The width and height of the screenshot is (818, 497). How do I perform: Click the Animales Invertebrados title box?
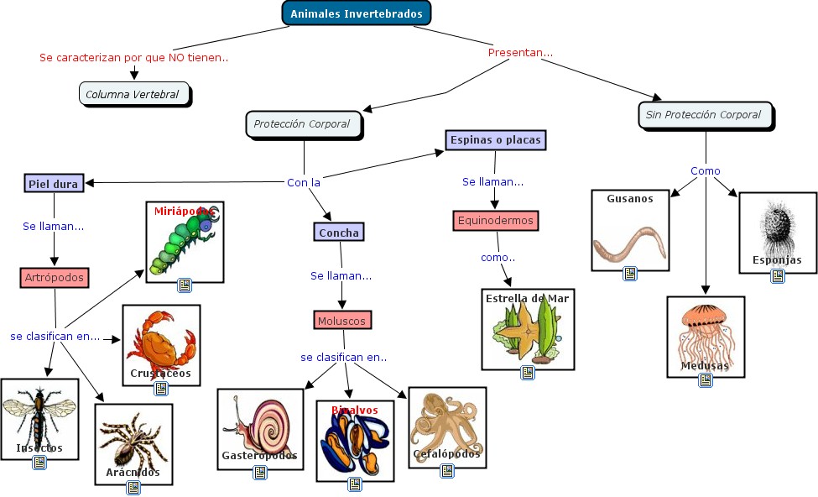[x=356, y=13]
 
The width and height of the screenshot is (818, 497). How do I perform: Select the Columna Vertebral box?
[x=133, y=94]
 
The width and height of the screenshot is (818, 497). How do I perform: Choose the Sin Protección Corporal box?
[x=705, y=115]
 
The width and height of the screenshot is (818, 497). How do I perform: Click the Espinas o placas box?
[x=494, y=140]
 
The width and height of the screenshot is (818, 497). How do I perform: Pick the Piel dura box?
[x=54, y=183]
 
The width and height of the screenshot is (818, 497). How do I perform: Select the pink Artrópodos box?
[x=54, y=277]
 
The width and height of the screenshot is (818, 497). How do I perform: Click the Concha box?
[x=339, y=233]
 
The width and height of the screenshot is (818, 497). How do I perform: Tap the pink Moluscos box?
[x=343, y=320]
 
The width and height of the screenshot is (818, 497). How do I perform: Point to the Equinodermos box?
[x=494, y=221]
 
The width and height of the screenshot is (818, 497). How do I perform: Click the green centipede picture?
[x=182, y=243]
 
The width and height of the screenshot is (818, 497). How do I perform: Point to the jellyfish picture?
[x=705, y=332]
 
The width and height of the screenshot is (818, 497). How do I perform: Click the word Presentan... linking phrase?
[x=520, y=53]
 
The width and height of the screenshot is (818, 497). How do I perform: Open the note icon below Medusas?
[x=706, y=380]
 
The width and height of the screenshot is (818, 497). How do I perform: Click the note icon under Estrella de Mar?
[x=528, y=373]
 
